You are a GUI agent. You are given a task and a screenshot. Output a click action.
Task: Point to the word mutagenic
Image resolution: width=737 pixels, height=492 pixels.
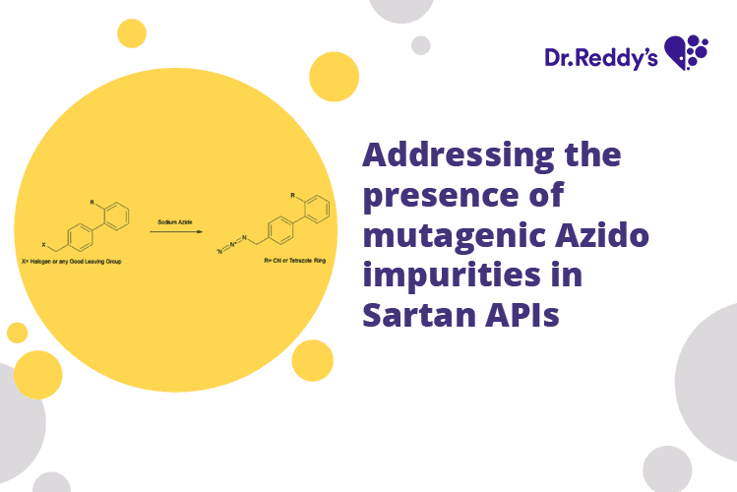coord(442,235)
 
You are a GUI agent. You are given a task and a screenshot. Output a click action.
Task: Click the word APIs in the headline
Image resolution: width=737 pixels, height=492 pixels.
coord(524,316)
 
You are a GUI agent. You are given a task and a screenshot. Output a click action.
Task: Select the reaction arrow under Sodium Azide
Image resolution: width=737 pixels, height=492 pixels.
coord(176,231)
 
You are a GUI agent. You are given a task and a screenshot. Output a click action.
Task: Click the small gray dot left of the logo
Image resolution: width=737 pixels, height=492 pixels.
coord(420,44)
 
